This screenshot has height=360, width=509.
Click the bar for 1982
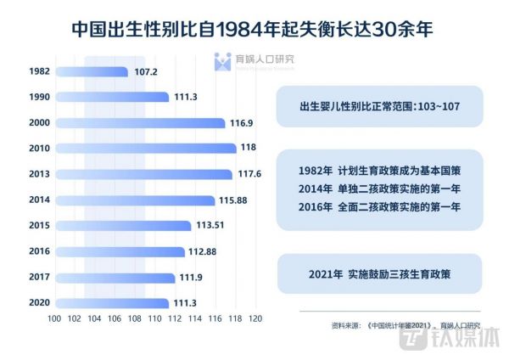92,72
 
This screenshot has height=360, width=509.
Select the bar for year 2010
145,149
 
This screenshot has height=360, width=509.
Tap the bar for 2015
122,226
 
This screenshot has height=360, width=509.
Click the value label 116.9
242,123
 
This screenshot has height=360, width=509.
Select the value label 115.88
232,200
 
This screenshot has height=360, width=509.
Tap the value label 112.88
203,252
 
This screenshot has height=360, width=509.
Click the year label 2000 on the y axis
38,123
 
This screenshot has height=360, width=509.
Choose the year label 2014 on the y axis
38,200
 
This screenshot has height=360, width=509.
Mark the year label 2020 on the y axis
38,303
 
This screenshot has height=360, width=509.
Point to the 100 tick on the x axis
55,318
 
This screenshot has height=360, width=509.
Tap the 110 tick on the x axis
154,318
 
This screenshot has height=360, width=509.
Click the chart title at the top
255,28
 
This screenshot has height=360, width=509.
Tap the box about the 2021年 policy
380,275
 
